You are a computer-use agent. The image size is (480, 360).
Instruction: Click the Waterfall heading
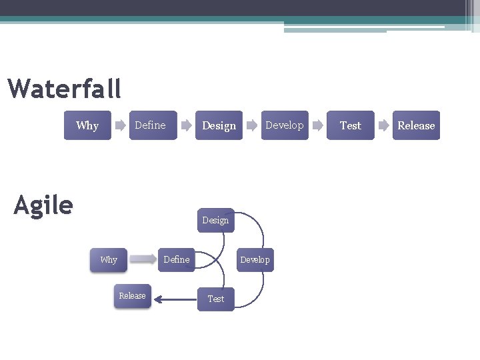coord(65,88)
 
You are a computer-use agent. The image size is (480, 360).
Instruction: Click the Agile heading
coord(43,205)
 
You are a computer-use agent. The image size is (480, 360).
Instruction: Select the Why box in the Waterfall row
coord(87,125)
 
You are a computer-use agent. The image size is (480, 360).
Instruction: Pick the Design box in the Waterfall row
coord(219,125)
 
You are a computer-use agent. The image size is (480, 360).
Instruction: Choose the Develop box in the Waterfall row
coord(285,125)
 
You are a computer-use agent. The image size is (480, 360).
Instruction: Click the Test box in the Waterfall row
coord(350,125)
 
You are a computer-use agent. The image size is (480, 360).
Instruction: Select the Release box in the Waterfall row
coord(416,125)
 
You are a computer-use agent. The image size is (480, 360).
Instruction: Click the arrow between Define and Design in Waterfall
coord(187,125)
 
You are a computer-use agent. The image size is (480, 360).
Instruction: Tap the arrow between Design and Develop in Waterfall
coord(252,125)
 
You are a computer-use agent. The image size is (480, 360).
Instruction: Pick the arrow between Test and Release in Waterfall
coord(383,125)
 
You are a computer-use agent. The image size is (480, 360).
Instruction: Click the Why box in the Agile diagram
coord(108,259)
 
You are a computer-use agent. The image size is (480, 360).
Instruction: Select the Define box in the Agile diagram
coord(177,259)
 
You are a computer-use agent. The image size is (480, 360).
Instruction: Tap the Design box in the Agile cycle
coord(215,220)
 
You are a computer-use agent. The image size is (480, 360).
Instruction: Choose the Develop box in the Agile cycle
coord(255,259)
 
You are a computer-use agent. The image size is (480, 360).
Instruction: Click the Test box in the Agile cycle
coord(215,299)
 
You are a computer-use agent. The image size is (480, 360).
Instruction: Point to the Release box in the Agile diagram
coord(132,295)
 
